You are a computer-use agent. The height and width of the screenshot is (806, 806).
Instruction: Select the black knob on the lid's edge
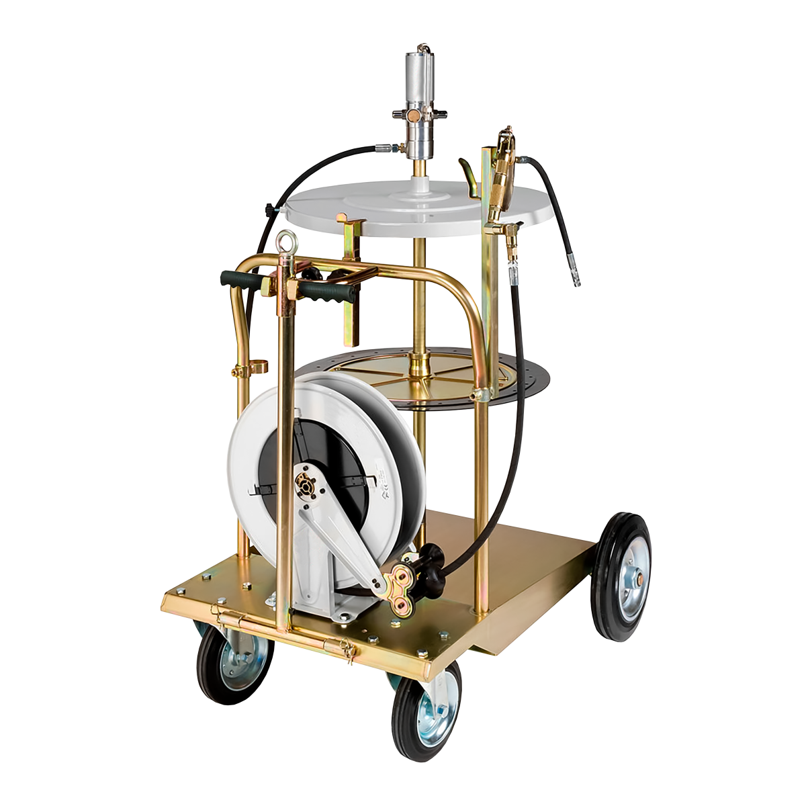tap(271, 212)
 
